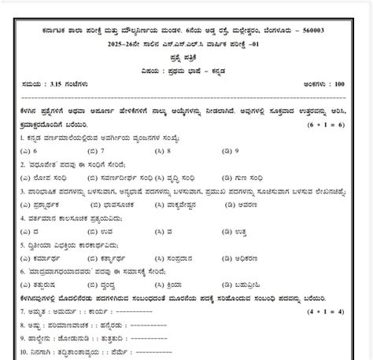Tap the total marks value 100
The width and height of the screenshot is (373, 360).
pyautogui.click(x=361, y=81)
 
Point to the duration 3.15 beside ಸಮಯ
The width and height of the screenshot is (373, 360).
pyautogui.click(x=39, y=81)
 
